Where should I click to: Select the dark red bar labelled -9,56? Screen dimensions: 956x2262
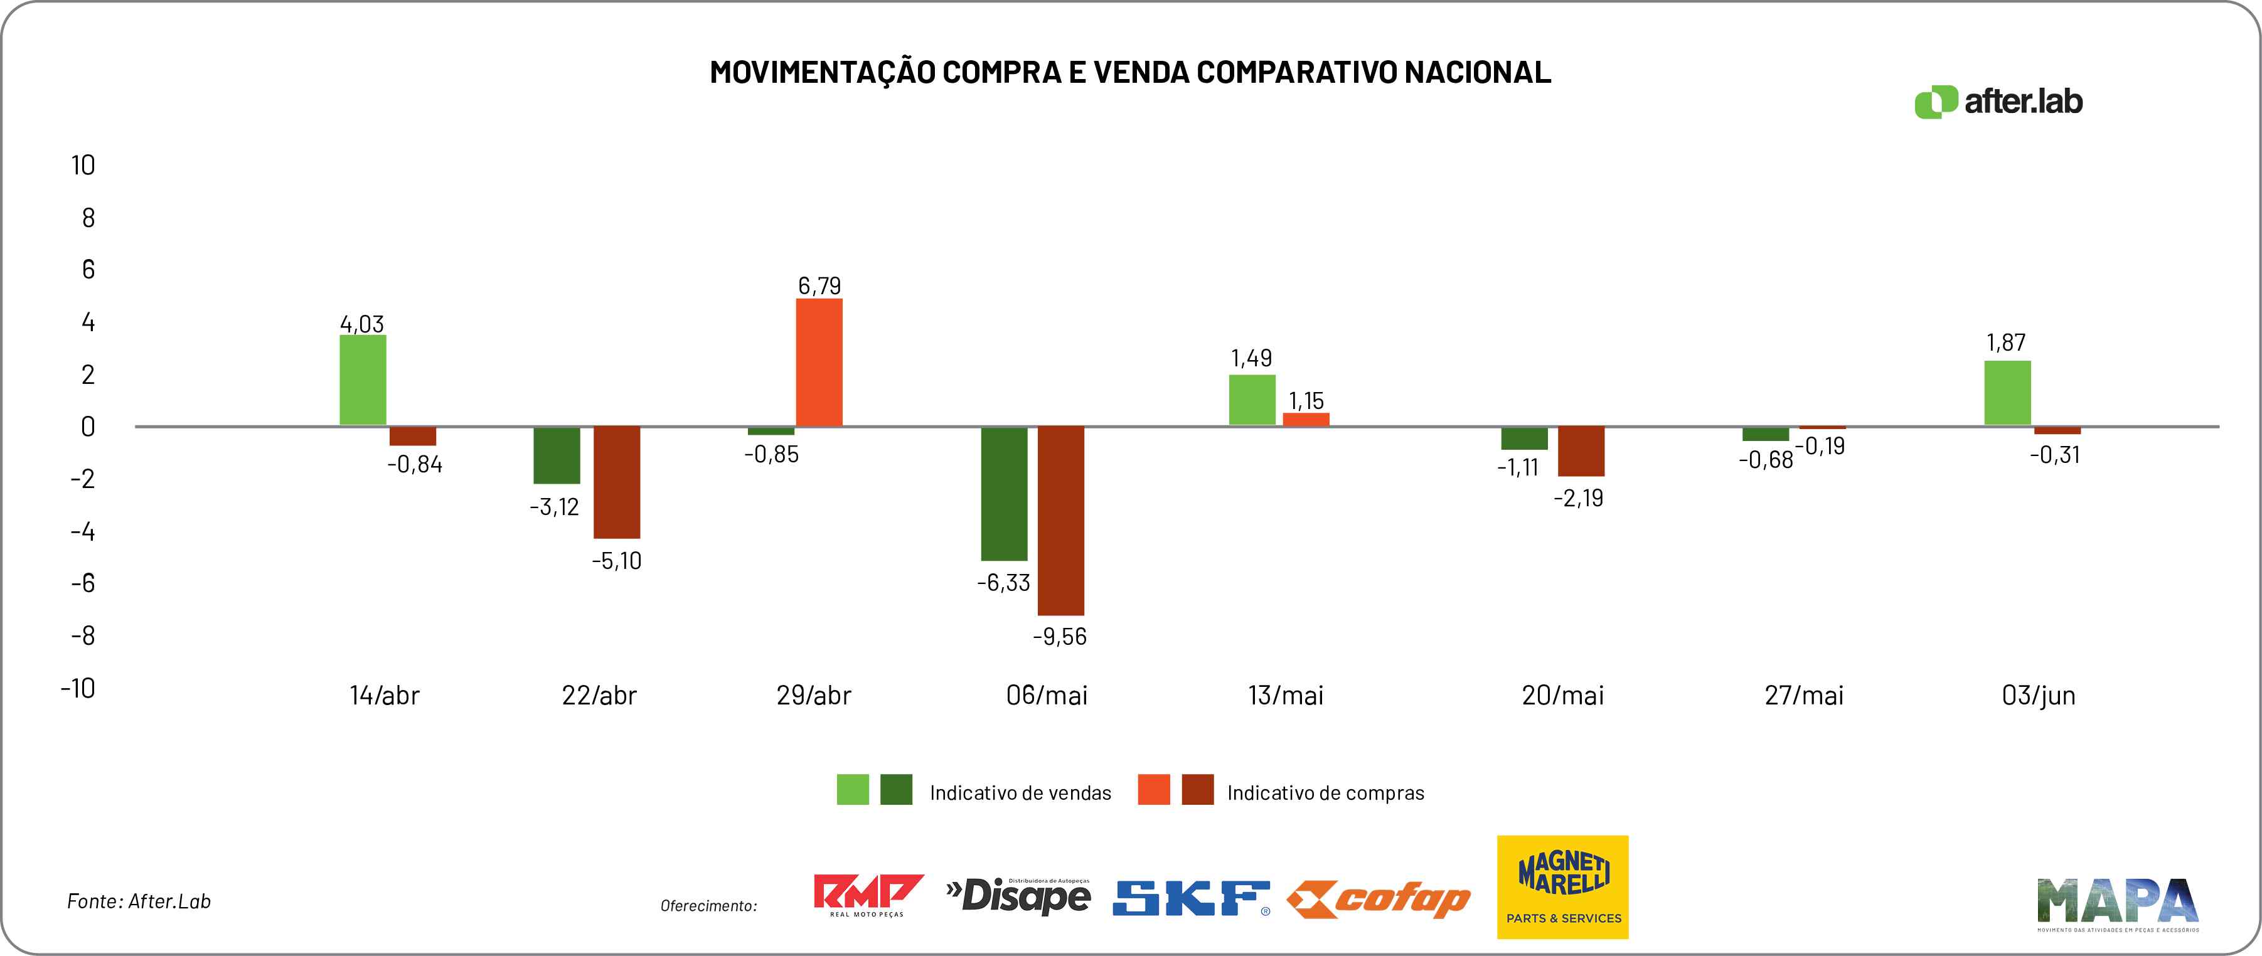click(1061, 521)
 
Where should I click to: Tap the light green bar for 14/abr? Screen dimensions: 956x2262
click(363, 380)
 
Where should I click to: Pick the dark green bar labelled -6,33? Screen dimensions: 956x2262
click(1004, 493)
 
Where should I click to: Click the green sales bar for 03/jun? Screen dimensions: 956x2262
click(2007, 393)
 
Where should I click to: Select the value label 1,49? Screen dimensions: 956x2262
click(1251, 358)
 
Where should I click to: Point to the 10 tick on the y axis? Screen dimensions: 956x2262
click(83, 165)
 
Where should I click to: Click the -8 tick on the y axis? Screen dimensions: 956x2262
click(83, 635)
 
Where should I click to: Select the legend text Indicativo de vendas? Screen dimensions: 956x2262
click(1020, 793)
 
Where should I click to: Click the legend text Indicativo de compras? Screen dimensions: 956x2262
click(1325, 793)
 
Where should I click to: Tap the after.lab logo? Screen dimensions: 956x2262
click(1998, 102)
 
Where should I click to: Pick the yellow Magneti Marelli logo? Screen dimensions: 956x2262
click(1562, 886)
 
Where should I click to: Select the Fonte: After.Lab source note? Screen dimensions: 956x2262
click(139, 901)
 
